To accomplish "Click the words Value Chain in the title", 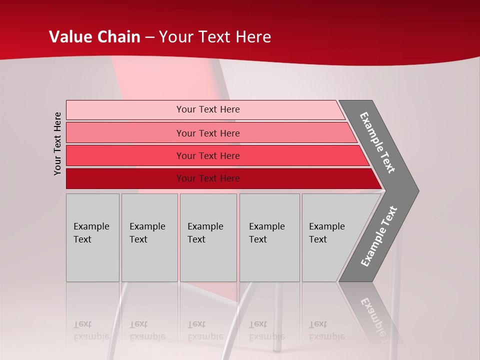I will pyautogui.click(x=94, y=37).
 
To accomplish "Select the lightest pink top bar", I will pyautogui.click(x=125, y=109).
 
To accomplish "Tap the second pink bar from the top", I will pyautogui.click(x=125, y=133).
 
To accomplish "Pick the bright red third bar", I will pyautogui.click(x=125, y=155).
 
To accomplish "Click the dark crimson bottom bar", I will pyautogui.click(x=125, y=178).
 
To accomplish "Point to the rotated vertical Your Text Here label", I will pyautogui.click(x=57, y=143).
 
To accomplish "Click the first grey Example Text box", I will pyautogui.click(x=92, y=237).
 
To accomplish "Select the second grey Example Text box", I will pyautogui.click(x=149, y=237).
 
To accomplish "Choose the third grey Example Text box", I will pyautogui.click(x=208, y=237).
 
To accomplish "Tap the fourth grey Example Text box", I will pyautogui.click(x=269, y=237).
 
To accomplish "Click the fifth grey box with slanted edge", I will pyautogui.click(x=330, y=237).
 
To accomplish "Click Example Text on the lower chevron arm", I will pyautogui.click(x=378, y=236).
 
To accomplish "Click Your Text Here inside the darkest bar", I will pyautogui.click(x=208, y=178).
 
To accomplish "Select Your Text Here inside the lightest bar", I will pyautogui.click(x=208, y=109).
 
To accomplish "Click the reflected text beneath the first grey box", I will pyautogui.click(x=91, y=331).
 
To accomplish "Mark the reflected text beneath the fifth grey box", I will pyautogui.click(x=326, y=331).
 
